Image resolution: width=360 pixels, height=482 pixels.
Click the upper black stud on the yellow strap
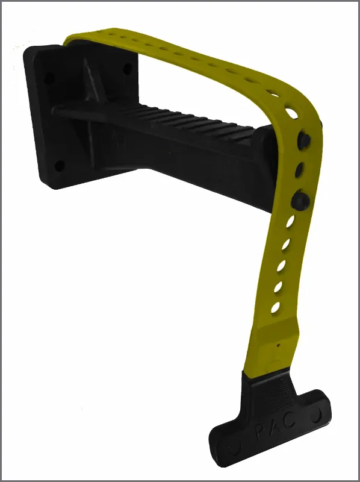304,141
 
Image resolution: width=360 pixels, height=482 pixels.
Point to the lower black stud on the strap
300,200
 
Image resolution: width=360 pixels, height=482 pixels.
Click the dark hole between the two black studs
299,170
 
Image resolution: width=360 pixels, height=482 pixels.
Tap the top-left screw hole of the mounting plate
49,78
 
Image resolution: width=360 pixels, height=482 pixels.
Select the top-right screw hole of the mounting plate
128,68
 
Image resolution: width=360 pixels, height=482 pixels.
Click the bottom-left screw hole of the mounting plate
59,166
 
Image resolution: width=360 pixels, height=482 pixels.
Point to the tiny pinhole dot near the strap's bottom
278,345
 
